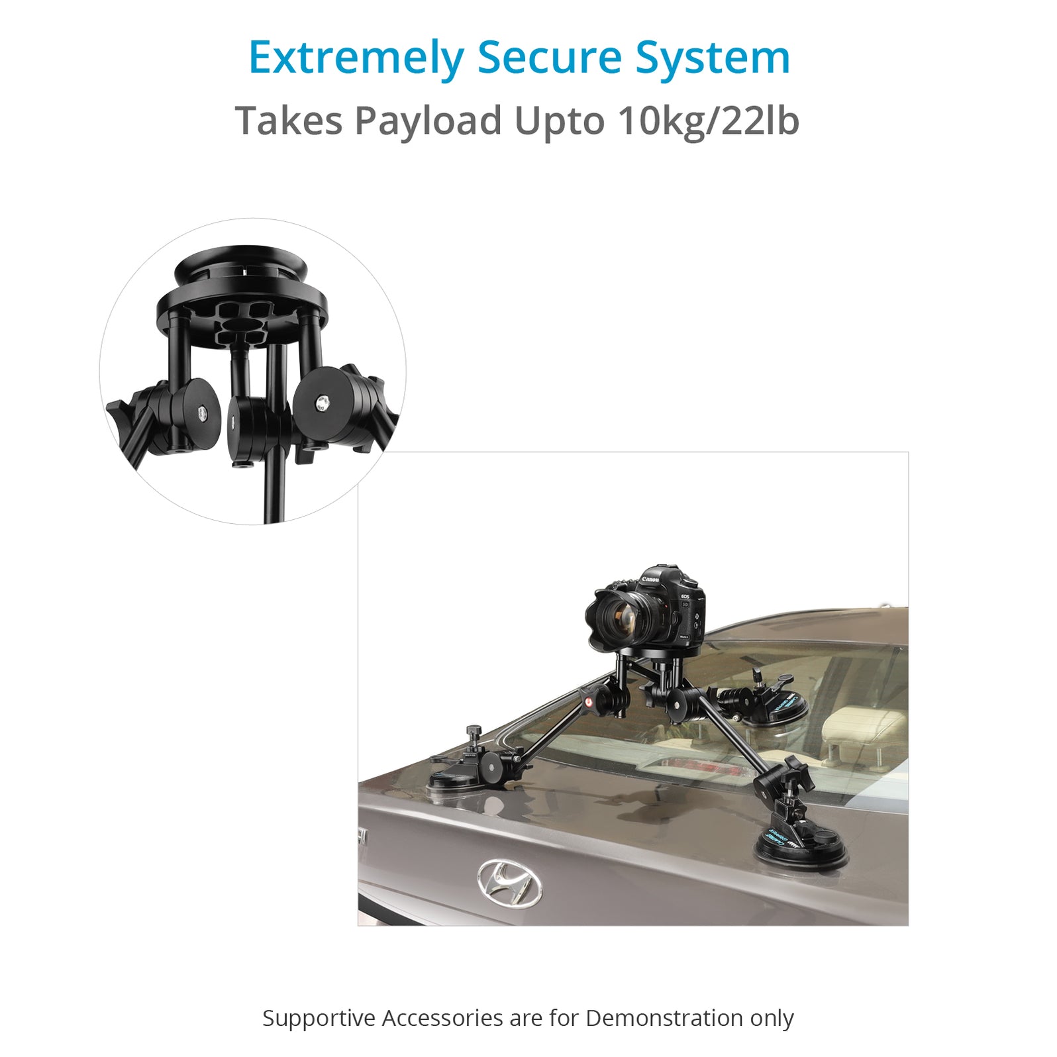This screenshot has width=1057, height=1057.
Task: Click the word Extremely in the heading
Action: coord(357,58)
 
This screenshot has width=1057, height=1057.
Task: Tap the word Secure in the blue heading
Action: coord(549,58)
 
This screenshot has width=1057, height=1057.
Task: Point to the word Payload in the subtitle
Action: coord(428,121)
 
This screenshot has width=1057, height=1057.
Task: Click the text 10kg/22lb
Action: coord(708,121)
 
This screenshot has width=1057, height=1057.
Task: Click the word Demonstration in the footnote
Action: coord(664,1018)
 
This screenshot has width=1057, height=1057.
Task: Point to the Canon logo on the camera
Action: coord(650,579)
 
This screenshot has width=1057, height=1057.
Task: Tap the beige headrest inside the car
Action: coord(861,729)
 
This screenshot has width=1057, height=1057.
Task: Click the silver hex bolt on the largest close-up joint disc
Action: coord(322,401)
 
